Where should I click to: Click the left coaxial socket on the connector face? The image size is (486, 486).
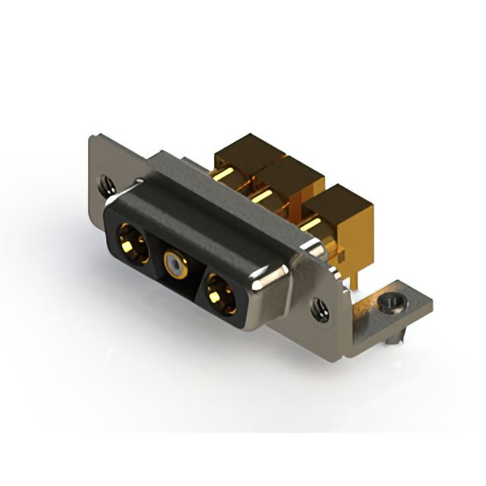132,241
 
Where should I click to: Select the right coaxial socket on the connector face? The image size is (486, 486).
221,292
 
